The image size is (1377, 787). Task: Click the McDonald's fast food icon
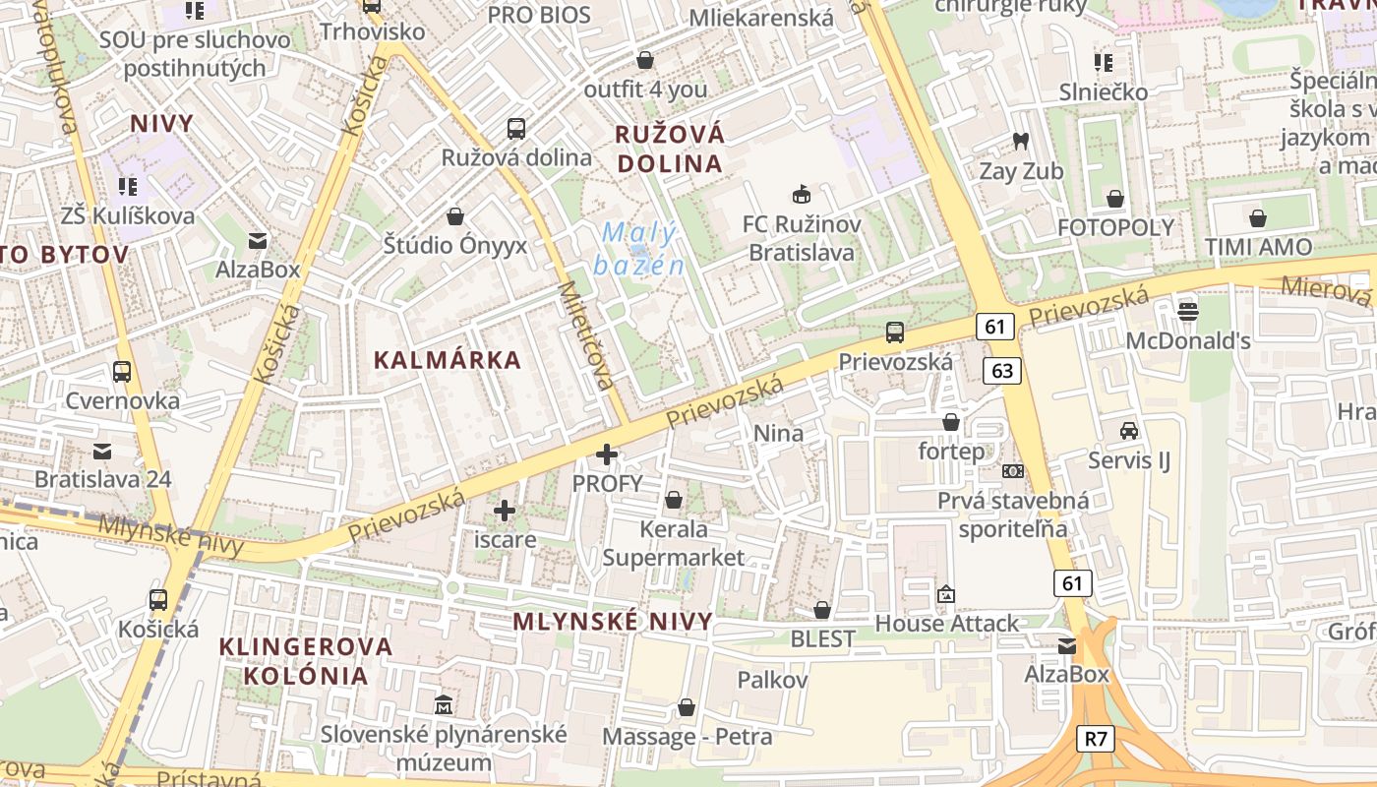click(x=1187, y=312)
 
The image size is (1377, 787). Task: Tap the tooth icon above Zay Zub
click(x=1020, y=142)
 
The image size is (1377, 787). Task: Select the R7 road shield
click(x=1096, y=739)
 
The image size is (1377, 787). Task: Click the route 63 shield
click(x=1002, y=371)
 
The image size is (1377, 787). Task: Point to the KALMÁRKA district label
click(x=448, y=360)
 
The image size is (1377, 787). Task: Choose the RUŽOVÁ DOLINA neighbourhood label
click(x=669, y=149)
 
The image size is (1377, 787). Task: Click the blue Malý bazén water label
click(x=639, y=249)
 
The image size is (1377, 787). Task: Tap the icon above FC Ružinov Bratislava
click(x=802, y=194)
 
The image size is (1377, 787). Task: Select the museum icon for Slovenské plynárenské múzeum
click(x=444, y=704)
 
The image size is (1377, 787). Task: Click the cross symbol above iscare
click(x=505, y=511)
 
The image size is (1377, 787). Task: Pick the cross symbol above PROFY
click(x=607, y=454)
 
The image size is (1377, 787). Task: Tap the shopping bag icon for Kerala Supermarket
click(x=674, y=500)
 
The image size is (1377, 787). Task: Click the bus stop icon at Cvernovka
click(x=122, y=372)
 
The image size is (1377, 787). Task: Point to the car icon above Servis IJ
click(x=1129, y=431)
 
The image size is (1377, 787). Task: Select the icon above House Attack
click(x=946, y=593)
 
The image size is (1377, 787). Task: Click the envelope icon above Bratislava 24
click(x=102, y=451)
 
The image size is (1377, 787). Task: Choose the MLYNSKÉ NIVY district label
click(x=613, y=622)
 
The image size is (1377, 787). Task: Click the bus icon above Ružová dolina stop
click(x=516, y=128)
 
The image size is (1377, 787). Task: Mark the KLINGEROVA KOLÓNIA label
click(x=292, y=661)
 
